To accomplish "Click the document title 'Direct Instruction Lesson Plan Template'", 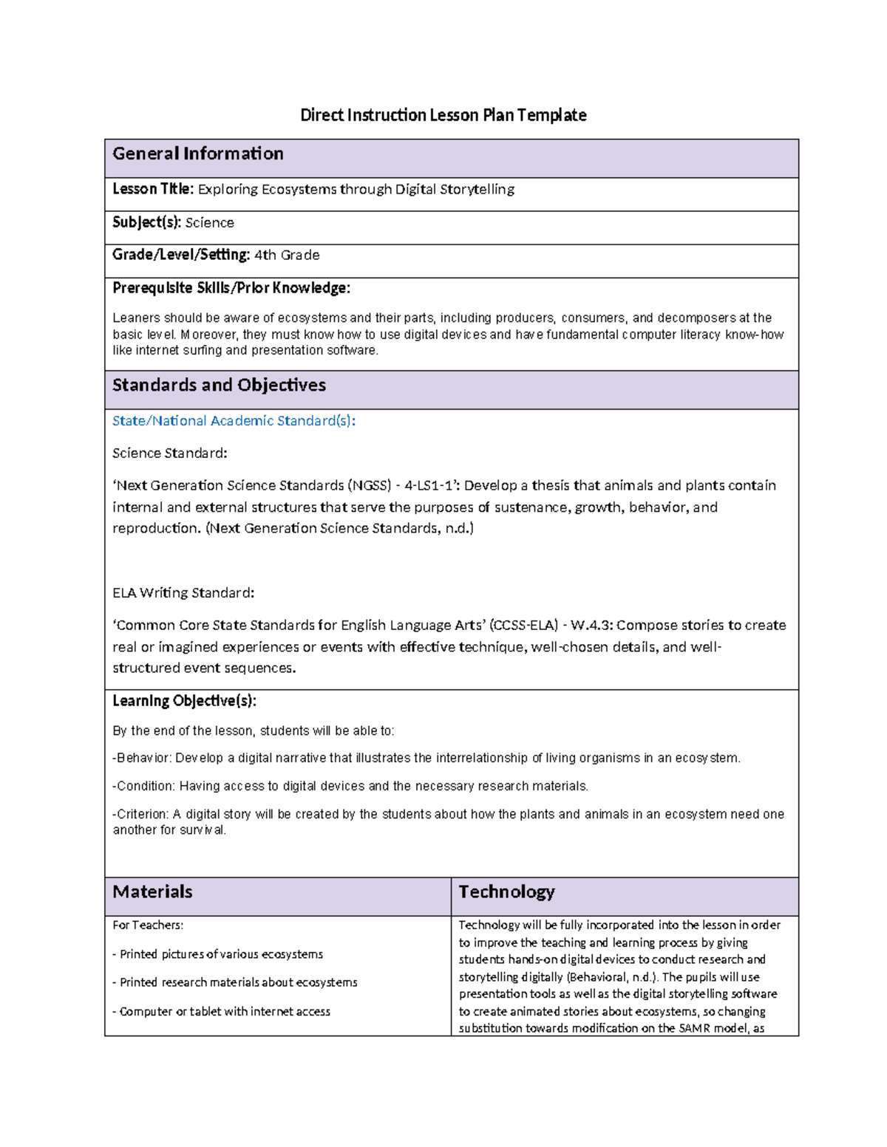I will pyautogui.click(x=443, y=115).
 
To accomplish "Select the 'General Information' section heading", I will pyautogui.click(x=198, y=154).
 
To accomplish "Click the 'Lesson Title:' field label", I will pyautogui.click(x=153, y=189).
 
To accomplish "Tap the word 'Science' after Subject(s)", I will pyautogui.click(x=209, y=222).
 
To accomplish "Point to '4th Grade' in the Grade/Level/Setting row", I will pyautogui.click(x=287, y=255).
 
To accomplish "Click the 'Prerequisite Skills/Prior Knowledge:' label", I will pyautogui.click(x=231, y=288).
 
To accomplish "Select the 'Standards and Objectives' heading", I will pyautogui.click(x=219, y=386).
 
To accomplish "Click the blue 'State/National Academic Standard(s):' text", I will pyautogui.click(x=234, y=421).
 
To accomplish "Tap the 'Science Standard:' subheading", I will pyautogui.click(x=169, y=453).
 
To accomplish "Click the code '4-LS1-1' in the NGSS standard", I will pyautogui.click(x=430, y=486).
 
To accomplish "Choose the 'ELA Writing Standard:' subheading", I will pyautogui.click(x=183, y=592).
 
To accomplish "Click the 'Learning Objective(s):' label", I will pyautogui.click(x=184, y=701).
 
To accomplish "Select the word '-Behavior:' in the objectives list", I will pyautogui.click(x=142, y=759).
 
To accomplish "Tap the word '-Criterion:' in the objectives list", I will pyautogui.click(x=140, y=814).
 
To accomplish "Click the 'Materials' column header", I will pyautogui.click(x=152, y=892).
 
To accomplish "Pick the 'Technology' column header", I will pyautogui.click(x=506, y=892).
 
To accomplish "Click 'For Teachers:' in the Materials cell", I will pyautogui.click(x=148, y=925).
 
